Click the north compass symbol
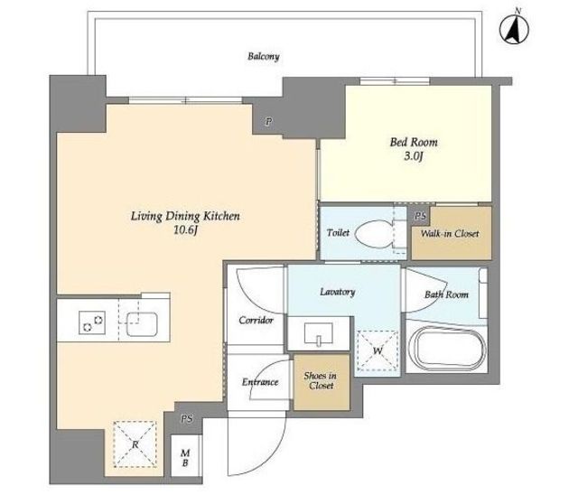(x=514, y=29)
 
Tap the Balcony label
(x=263, y=57)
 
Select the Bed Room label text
(x=414, y=142)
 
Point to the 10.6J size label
(x=186, y=230)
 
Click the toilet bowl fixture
(x=373, y=234)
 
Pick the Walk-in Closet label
(x=450, y=233)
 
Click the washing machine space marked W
(x=378, y=350)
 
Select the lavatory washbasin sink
(x=319, y=333)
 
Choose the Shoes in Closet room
(x=322, y=382)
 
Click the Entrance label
(x=260, y=382)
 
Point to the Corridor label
(x=256, y=321)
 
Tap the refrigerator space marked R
(x=135, y=444)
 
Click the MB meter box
(x=186, y=457)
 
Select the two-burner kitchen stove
(x=92, y=322)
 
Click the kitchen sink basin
(x=143, y=324)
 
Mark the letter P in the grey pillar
(x=269, y=121)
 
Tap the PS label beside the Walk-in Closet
(x=421, y=216)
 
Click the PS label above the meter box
(x=187, y=419)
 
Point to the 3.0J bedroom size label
(x=414, y=156)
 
